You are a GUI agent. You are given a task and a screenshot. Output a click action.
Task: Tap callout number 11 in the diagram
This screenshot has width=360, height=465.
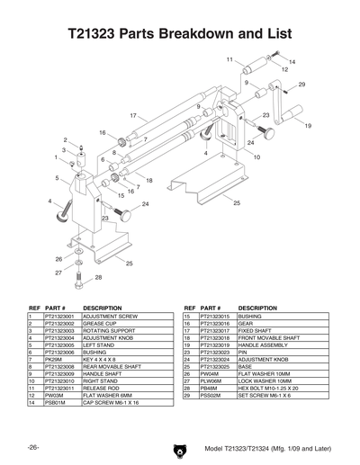point(230,59)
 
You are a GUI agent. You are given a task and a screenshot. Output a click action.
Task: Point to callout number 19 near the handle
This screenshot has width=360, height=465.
point(308,127)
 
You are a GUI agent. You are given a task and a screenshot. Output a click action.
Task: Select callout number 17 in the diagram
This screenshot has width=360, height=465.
point(133,116)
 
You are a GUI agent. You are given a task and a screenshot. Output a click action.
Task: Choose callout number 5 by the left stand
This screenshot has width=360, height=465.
point(58,179)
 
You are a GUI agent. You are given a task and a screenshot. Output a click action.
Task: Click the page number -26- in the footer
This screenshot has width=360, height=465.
point(31,447)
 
